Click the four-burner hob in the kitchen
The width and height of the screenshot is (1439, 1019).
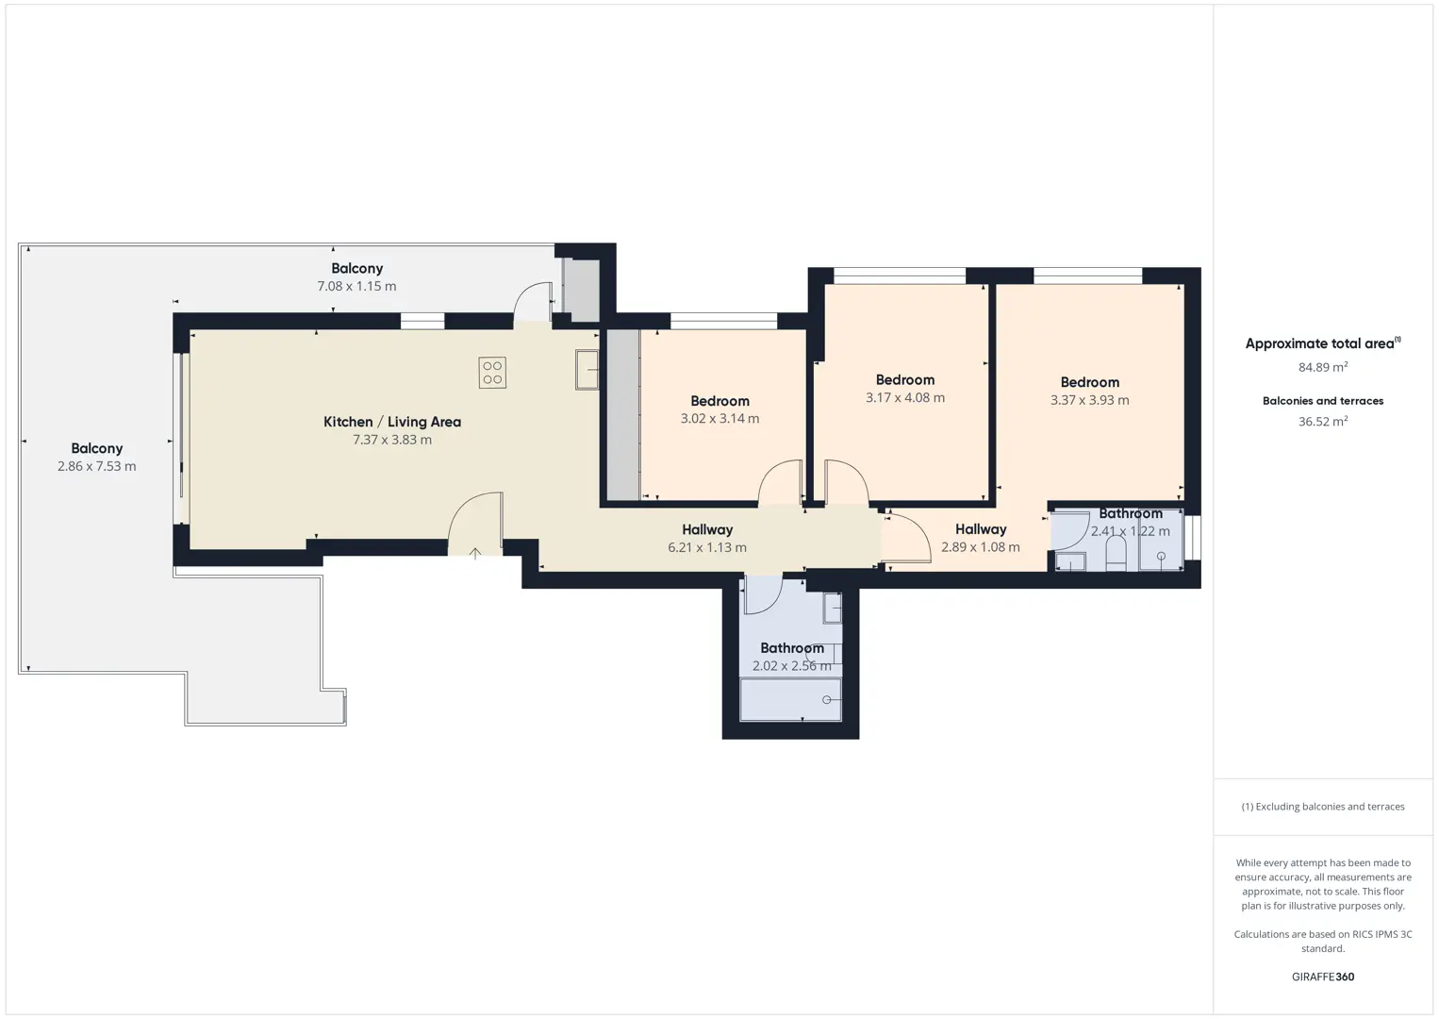click(x=492, y=373)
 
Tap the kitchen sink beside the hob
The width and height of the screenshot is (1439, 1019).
click(x=587, y=370)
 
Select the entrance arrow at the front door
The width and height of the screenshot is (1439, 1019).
click(x=474, y=554)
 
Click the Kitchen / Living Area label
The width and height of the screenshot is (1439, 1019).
click(x=392, y=422)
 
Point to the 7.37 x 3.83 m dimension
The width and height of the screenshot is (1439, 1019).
click(x=392, y=440)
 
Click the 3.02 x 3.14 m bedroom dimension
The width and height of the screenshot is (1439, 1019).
click(x=719, y=419)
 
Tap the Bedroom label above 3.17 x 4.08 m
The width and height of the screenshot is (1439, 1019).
click(x=904, y=380)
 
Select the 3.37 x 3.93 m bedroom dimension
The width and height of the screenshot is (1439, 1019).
click(x=1089, y=400)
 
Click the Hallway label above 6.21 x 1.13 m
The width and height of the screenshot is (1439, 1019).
click(x=707, y=529)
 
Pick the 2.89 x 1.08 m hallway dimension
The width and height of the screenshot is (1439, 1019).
click(x=981, y=547)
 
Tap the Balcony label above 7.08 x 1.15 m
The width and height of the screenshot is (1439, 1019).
click(x=357, y=269)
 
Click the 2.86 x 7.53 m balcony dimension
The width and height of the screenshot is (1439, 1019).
click(x=96, y=466)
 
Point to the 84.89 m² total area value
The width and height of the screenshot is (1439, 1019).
click(x=1323, y=367)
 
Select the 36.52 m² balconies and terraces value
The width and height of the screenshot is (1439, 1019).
click(x=1323, y=421)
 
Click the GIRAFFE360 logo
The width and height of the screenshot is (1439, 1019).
click(x=1323, y=977)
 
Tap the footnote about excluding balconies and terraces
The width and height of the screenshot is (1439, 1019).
click(x=1323, y=806)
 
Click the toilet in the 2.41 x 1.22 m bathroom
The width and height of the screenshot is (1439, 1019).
click(x=1116, y=553)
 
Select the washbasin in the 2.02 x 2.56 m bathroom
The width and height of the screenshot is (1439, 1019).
click(x=832, y=608)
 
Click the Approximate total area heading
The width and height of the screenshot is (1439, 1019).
click(x=1323, y=343)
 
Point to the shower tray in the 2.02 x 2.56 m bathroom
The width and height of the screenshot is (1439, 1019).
click(x=791, y=700)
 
